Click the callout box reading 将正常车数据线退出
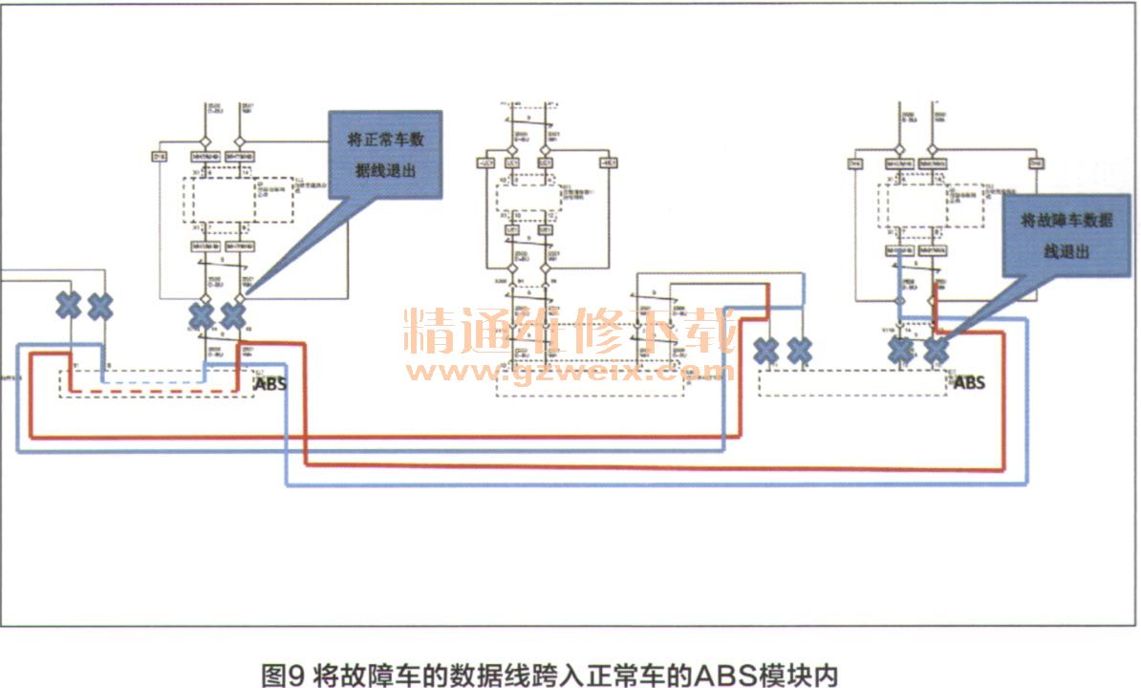click(x=385, y=155)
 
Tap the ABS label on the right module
click(x=969, y=383)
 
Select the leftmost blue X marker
click(x=69, y=306)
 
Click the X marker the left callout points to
click(x=233, y=314)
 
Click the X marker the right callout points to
click(x=936, y=351)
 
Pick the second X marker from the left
click(x=100, y=306)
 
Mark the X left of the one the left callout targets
click(x=202, y=314)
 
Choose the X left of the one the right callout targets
click(x=901, y=351)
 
